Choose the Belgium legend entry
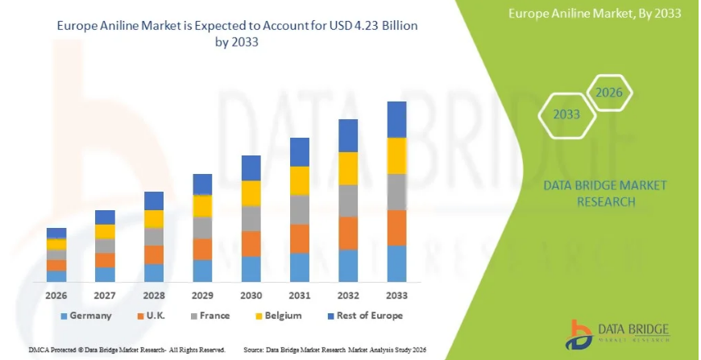(282, 316)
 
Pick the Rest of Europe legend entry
(363, 316)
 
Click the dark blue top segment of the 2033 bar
(396, 119)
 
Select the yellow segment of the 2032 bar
(348, 168)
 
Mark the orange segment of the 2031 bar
(300, 238)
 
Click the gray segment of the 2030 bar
(251, 218)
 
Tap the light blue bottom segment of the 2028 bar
(154, 273)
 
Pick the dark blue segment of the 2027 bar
(105, 217)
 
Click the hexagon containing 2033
(566, 114)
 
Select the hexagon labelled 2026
(609, 93)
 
